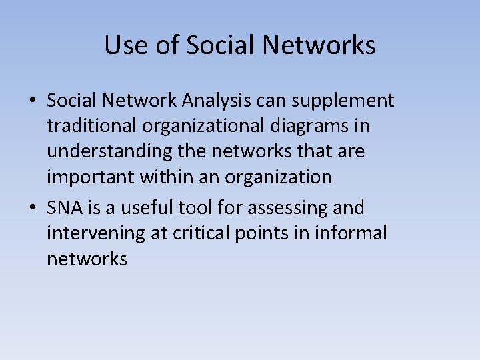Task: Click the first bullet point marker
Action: point(32,101)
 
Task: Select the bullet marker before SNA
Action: point(32,208)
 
